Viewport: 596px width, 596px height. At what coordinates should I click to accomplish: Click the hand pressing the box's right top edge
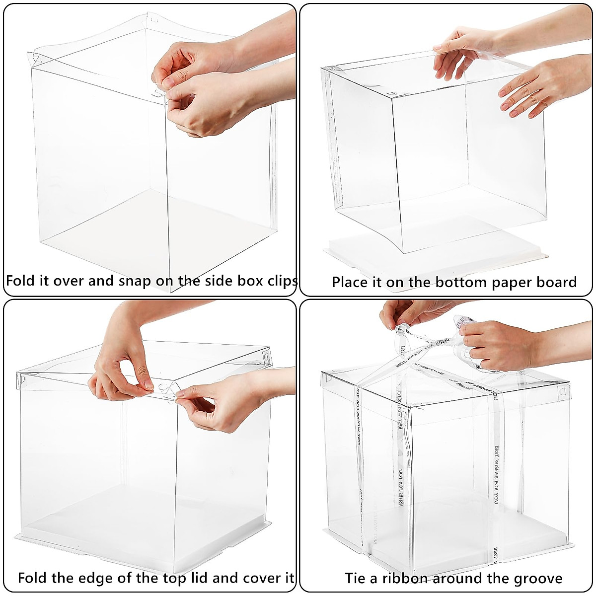pos(534,87)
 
